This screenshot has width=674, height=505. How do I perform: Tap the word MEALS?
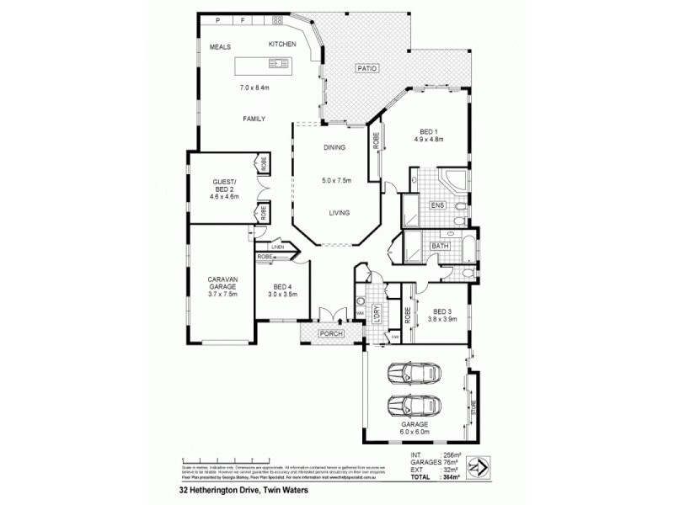click(222, 47)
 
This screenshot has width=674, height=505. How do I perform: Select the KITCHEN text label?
click(282, 44)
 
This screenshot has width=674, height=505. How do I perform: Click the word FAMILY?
click(255, 119)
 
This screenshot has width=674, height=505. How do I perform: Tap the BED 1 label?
click(428, 131)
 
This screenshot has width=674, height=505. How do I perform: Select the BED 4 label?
click(282, 287)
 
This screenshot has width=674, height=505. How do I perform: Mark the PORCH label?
click(329, 334)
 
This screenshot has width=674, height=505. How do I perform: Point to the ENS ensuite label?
click(437, 204)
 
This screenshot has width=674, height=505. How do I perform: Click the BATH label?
click(440, 246)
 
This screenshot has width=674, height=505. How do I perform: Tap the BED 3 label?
click(442, 310)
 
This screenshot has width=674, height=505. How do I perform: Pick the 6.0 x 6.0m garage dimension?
click(415, 433)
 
